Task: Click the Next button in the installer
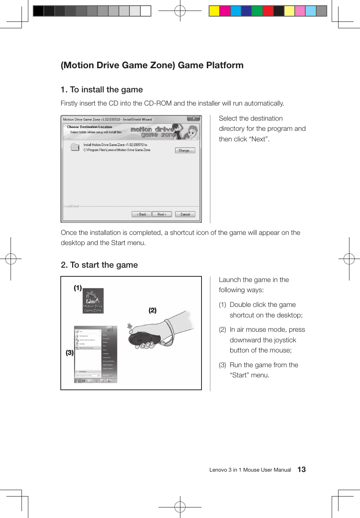tap(162, 214)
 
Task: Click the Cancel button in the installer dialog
tap(185, 214)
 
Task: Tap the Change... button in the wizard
tap(185, 150)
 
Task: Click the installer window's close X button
tap(194, 118)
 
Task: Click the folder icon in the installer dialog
tap(75, 147)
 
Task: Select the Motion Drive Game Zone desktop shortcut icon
tap(93, 300)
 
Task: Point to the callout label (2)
tap(152, 310)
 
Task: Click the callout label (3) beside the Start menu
tap(69, 353)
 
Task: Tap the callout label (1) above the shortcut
tap(78, 288)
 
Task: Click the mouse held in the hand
tap(143, 338)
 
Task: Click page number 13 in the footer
tap(302, 469)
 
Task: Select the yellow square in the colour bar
tap(214, 11)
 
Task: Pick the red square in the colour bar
tap(268, 11)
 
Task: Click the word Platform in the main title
tap(225, 65)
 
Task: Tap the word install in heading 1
tap(92, 90)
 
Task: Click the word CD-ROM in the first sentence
tap(158, 103)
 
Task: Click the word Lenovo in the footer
tap(218, 470)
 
